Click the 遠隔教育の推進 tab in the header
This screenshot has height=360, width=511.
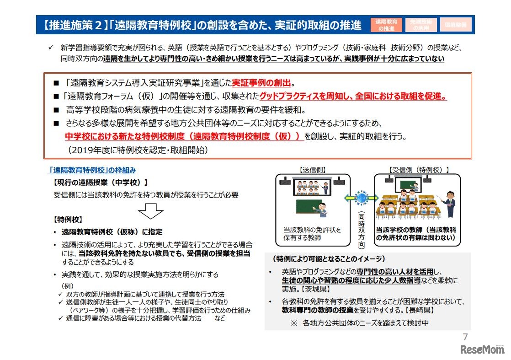pyautogui.click(x=386, y=25)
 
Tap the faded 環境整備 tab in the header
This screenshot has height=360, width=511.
pyautogui.click(x=456, y=25)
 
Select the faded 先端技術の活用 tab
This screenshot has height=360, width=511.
pyautogui.click(x=421, y=25)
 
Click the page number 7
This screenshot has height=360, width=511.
pyautogui.click(x=465, y=338)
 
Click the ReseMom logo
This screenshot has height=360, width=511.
pyautogui.click(x=481, y=350)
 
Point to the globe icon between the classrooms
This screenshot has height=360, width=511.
pyautogui.click(x=362, y=198)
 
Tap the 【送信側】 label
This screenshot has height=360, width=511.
pyautogui.click(x=313, y=170)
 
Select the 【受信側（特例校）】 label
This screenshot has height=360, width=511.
pyautogui.click(x=419, y=170)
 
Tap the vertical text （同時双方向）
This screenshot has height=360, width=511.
pyautogui.click(x=362, y=229)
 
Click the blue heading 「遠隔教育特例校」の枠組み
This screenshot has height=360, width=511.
pyautogui.click(x=92, y=170)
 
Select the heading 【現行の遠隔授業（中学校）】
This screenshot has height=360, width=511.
pyautogui.click(x=101, y=182)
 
